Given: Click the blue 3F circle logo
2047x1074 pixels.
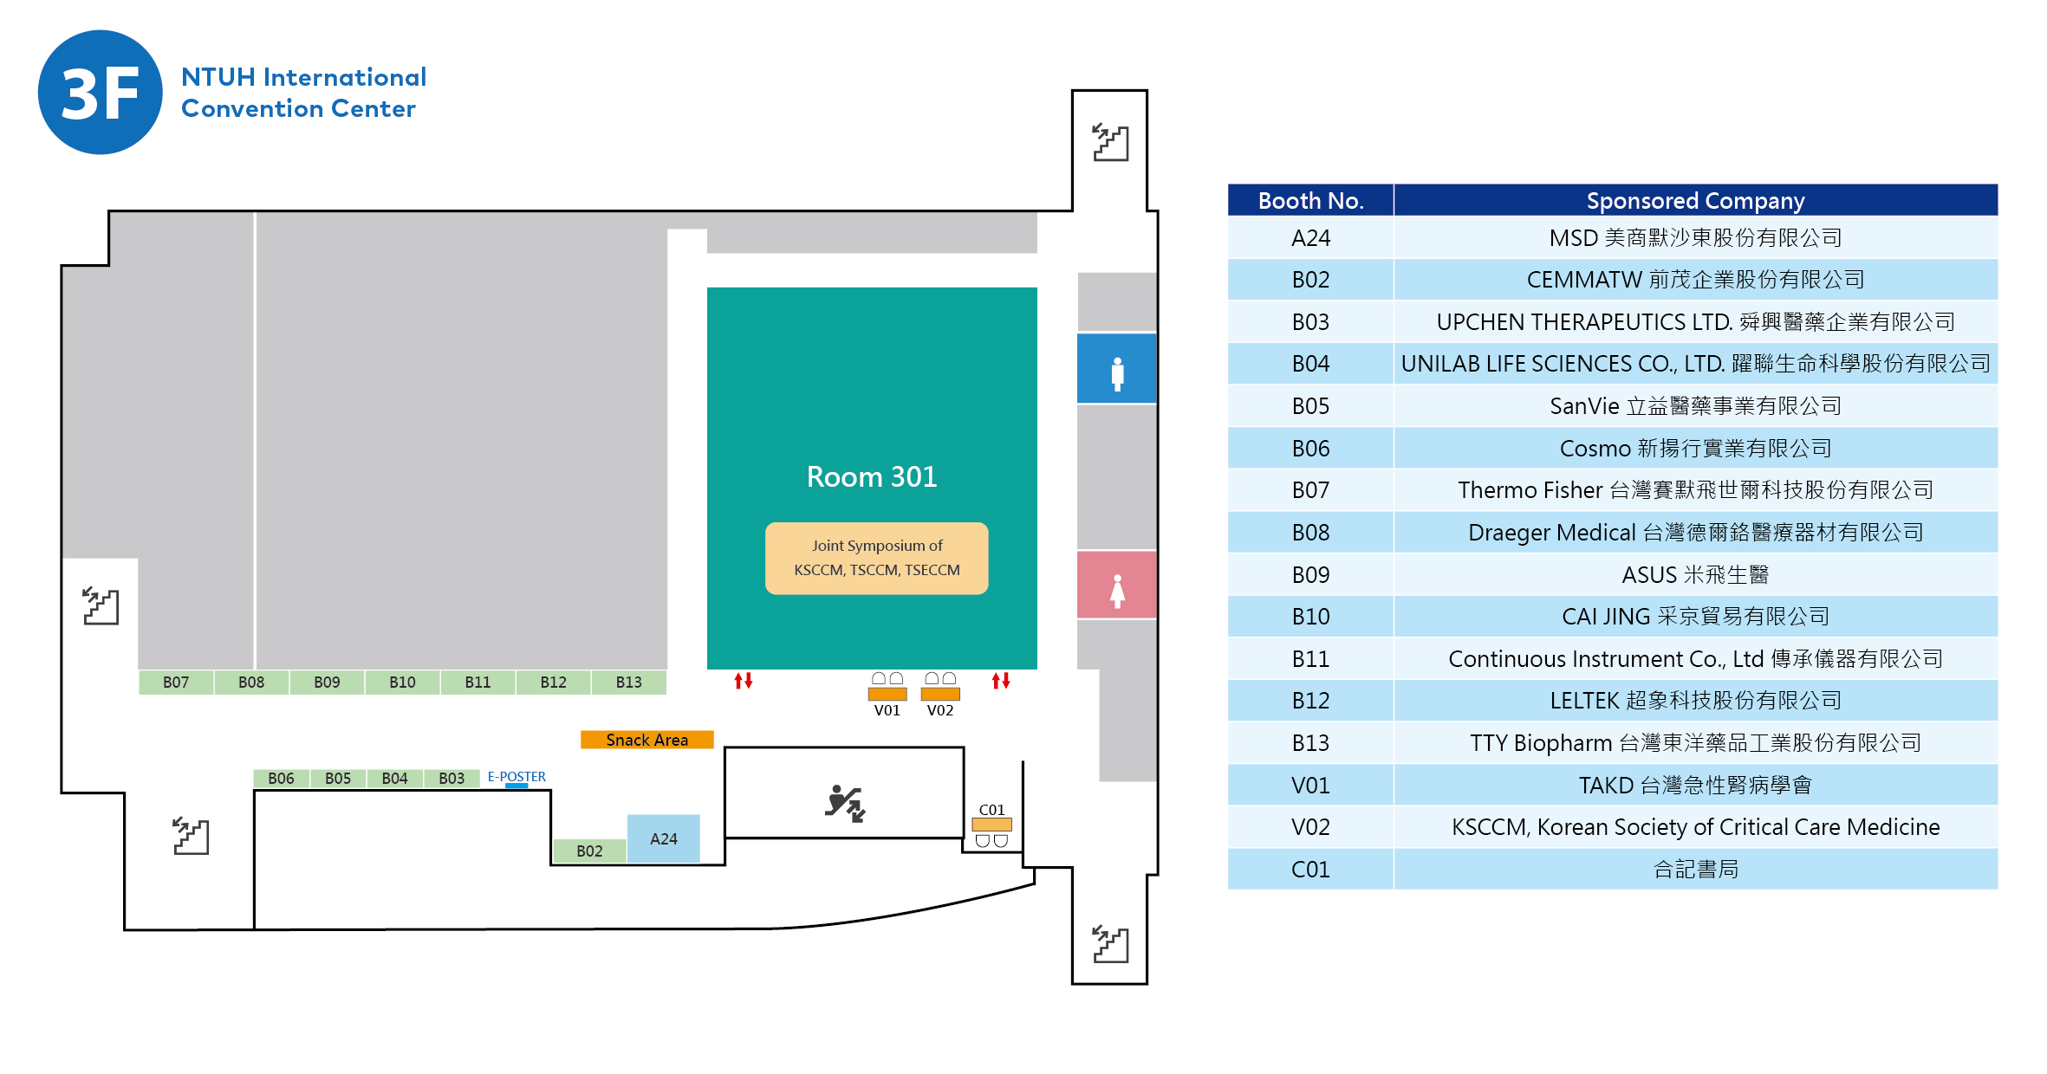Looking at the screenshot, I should click(x=100, y=93).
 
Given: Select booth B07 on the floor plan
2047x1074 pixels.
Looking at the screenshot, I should click(x=176, y=683).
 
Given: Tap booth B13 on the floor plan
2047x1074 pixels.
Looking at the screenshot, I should click(x=628, y=683).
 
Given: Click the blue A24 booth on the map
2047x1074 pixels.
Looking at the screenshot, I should click(x=663, y=838).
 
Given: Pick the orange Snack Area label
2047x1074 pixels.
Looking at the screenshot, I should click(x=647, y=740).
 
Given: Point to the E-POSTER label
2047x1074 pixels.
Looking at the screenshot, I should click(x=517, y=777).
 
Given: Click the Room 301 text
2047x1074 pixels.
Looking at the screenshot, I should click(x=871, y=476).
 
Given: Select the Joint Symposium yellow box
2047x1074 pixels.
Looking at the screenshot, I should click(x=876, y=558).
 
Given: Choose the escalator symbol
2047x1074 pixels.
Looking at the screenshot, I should click(x=845, y=803).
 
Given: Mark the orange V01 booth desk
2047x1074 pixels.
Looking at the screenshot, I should click(x=887, y=694).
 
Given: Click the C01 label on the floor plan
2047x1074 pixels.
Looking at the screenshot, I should click(x=991, y=810).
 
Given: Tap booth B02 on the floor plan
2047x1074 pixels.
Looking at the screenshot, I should click(x=589, y=851).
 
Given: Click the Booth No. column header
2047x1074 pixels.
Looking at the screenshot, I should click(x=1310, y=200).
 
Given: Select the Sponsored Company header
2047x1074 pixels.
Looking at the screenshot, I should click(x=1695, y=200).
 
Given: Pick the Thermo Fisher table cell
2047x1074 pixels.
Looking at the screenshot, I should click(x=1695, y=490).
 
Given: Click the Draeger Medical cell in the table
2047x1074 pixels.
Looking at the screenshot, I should click(x=1695, y=532).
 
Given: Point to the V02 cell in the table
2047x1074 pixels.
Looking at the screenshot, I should click(x=1310, y=827).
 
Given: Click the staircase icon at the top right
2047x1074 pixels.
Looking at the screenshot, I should click(x=1110, y=143).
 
